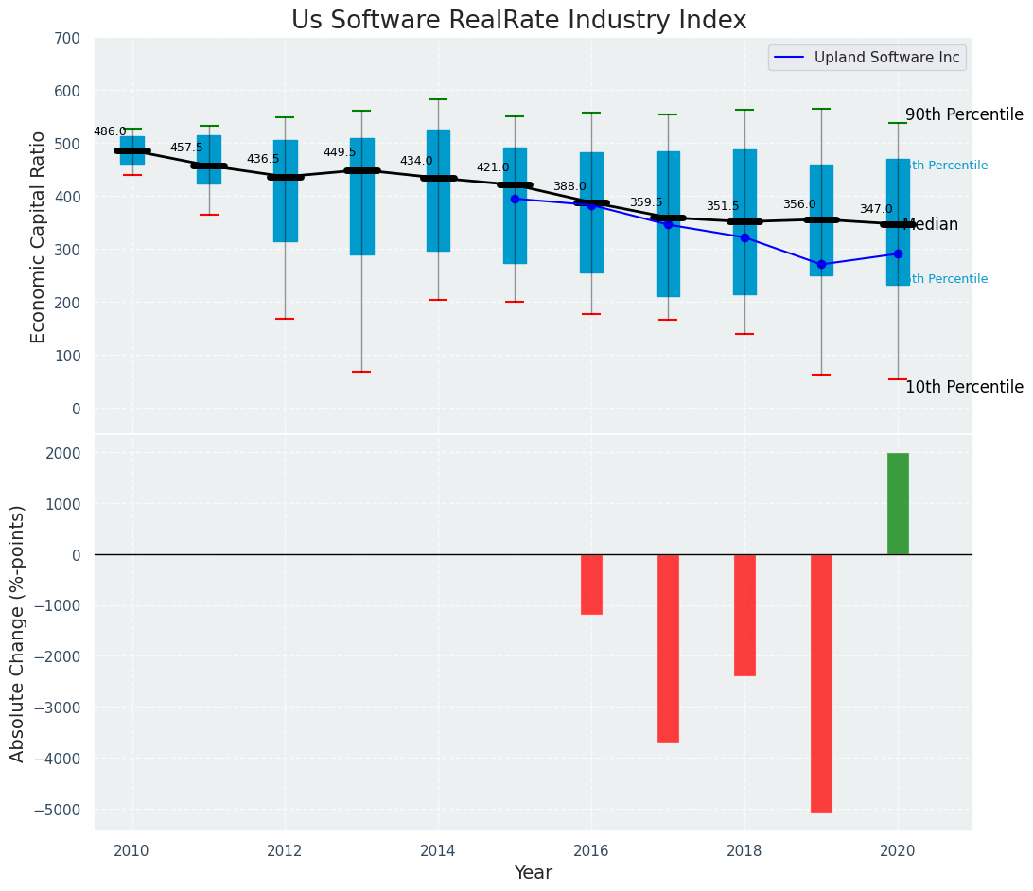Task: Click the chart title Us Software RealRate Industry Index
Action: pos(518,21)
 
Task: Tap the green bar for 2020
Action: pos(898,503)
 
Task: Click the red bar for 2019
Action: pos(821,683)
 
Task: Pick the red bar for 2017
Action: pos(668,648)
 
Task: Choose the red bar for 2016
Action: pos(591,585)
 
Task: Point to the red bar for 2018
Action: pos(744,615)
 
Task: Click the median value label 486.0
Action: pos(110,131)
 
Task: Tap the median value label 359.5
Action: pos(646,202)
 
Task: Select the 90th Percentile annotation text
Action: pos(964,114)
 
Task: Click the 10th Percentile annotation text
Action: pos(964,387)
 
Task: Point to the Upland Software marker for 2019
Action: pos(821,264)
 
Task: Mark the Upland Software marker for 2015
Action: pos(515,199)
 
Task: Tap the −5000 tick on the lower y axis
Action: pos(58,810)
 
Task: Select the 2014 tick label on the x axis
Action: pos(438,850)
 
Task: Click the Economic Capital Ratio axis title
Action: pos(39,236)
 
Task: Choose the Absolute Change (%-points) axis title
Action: pos(18,633)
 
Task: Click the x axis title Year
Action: pos(533,873)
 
